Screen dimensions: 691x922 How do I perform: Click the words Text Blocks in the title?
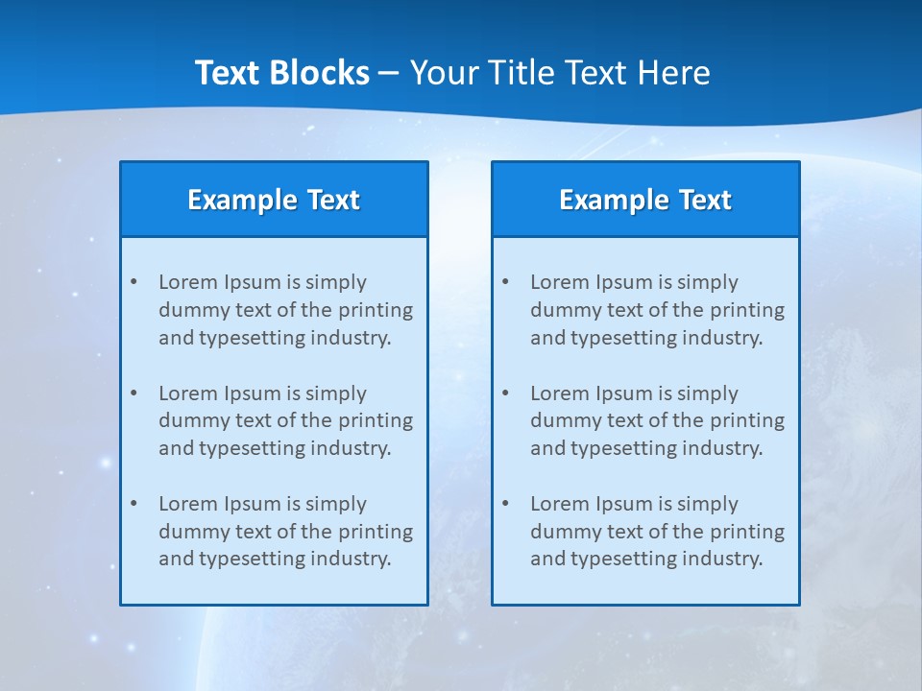coord(281,73)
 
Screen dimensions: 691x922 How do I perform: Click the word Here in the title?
coord(676,73)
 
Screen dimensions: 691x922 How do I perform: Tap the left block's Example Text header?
coord(274,200)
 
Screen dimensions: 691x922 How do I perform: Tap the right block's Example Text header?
coord(645,200)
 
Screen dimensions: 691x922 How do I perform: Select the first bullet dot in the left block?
coord(133,282)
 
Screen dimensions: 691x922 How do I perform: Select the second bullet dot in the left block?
coord(133,393)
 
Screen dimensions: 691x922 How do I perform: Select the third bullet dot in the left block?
coord(133,504)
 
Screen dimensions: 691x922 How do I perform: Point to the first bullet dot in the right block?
coord(505,282)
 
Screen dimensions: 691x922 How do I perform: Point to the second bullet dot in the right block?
coord(505,393)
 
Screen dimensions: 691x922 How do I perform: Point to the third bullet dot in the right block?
coord(505,504)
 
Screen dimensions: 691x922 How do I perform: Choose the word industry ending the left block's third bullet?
coord(348,560)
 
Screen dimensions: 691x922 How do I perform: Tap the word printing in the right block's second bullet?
coord(748,420)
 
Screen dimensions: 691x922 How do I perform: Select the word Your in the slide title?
coord(443,73)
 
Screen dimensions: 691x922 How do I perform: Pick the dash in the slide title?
coord(389,73)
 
